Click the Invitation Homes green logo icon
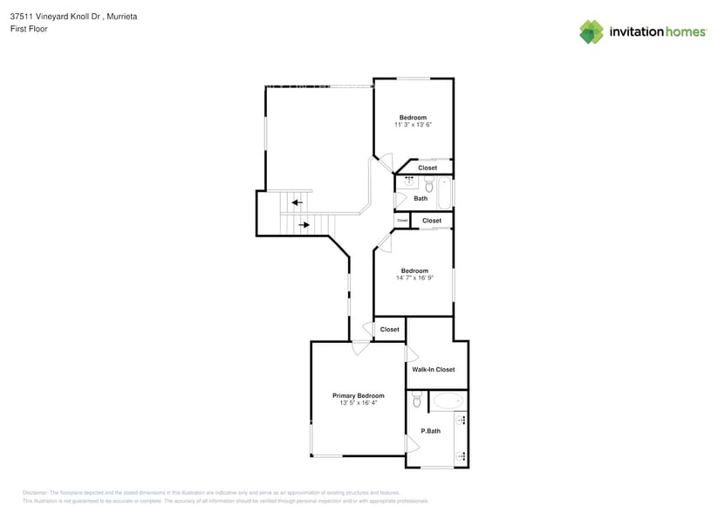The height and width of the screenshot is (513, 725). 592,31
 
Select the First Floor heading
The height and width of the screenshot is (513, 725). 29,29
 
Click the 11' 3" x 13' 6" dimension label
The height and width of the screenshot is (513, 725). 414,125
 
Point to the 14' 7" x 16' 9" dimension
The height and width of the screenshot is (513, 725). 414,277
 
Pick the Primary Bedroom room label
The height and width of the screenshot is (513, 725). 358,395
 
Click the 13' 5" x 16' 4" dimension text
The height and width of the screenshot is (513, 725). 358,403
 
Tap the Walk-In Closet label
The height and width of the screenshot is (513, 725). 434,369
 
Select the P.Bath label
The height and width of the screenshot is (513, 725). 429,431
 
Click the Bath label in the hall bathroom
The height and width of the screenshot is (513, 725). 421,198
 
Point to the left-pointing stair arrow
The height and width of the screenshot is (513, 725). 298,202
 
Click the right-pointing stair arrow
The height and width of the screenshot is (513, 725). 304,225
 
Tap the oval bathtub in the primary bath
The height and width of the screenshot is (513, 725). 449,401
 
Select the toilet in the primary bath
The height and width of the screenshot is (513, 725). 417,400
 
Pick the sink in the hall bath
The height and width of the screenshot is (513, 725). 408,183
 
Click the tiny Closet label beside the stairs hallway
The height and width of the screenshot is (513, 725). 402,221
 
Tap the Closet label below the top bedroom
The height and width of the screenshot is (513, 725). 427,168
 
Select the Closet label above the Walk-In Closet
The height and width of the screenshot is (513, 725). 389,329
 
